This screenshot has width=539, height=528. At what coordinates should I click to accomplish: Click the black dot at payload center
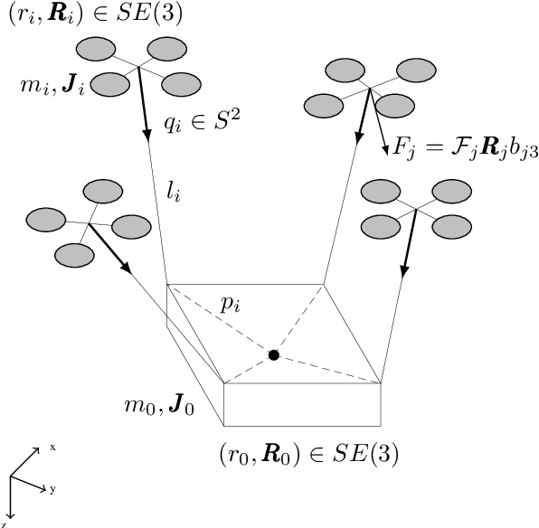[273, 355]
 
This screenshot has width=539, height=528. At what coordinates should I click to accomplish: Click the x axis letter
[53, 448]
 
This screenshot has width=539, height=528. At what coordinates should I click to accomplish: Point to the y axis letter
[53, 488]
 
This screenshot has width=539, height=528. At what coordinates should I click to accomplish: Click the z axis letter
[5, 523]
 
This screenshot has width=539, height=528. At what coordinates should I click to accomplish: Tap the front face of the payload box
[301, 404]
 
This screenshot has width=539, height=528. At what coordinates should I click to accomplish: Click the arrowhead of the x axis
[37, 449]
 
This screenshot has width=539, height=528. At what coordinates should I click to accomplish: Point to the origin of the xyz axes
[10, 476]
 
